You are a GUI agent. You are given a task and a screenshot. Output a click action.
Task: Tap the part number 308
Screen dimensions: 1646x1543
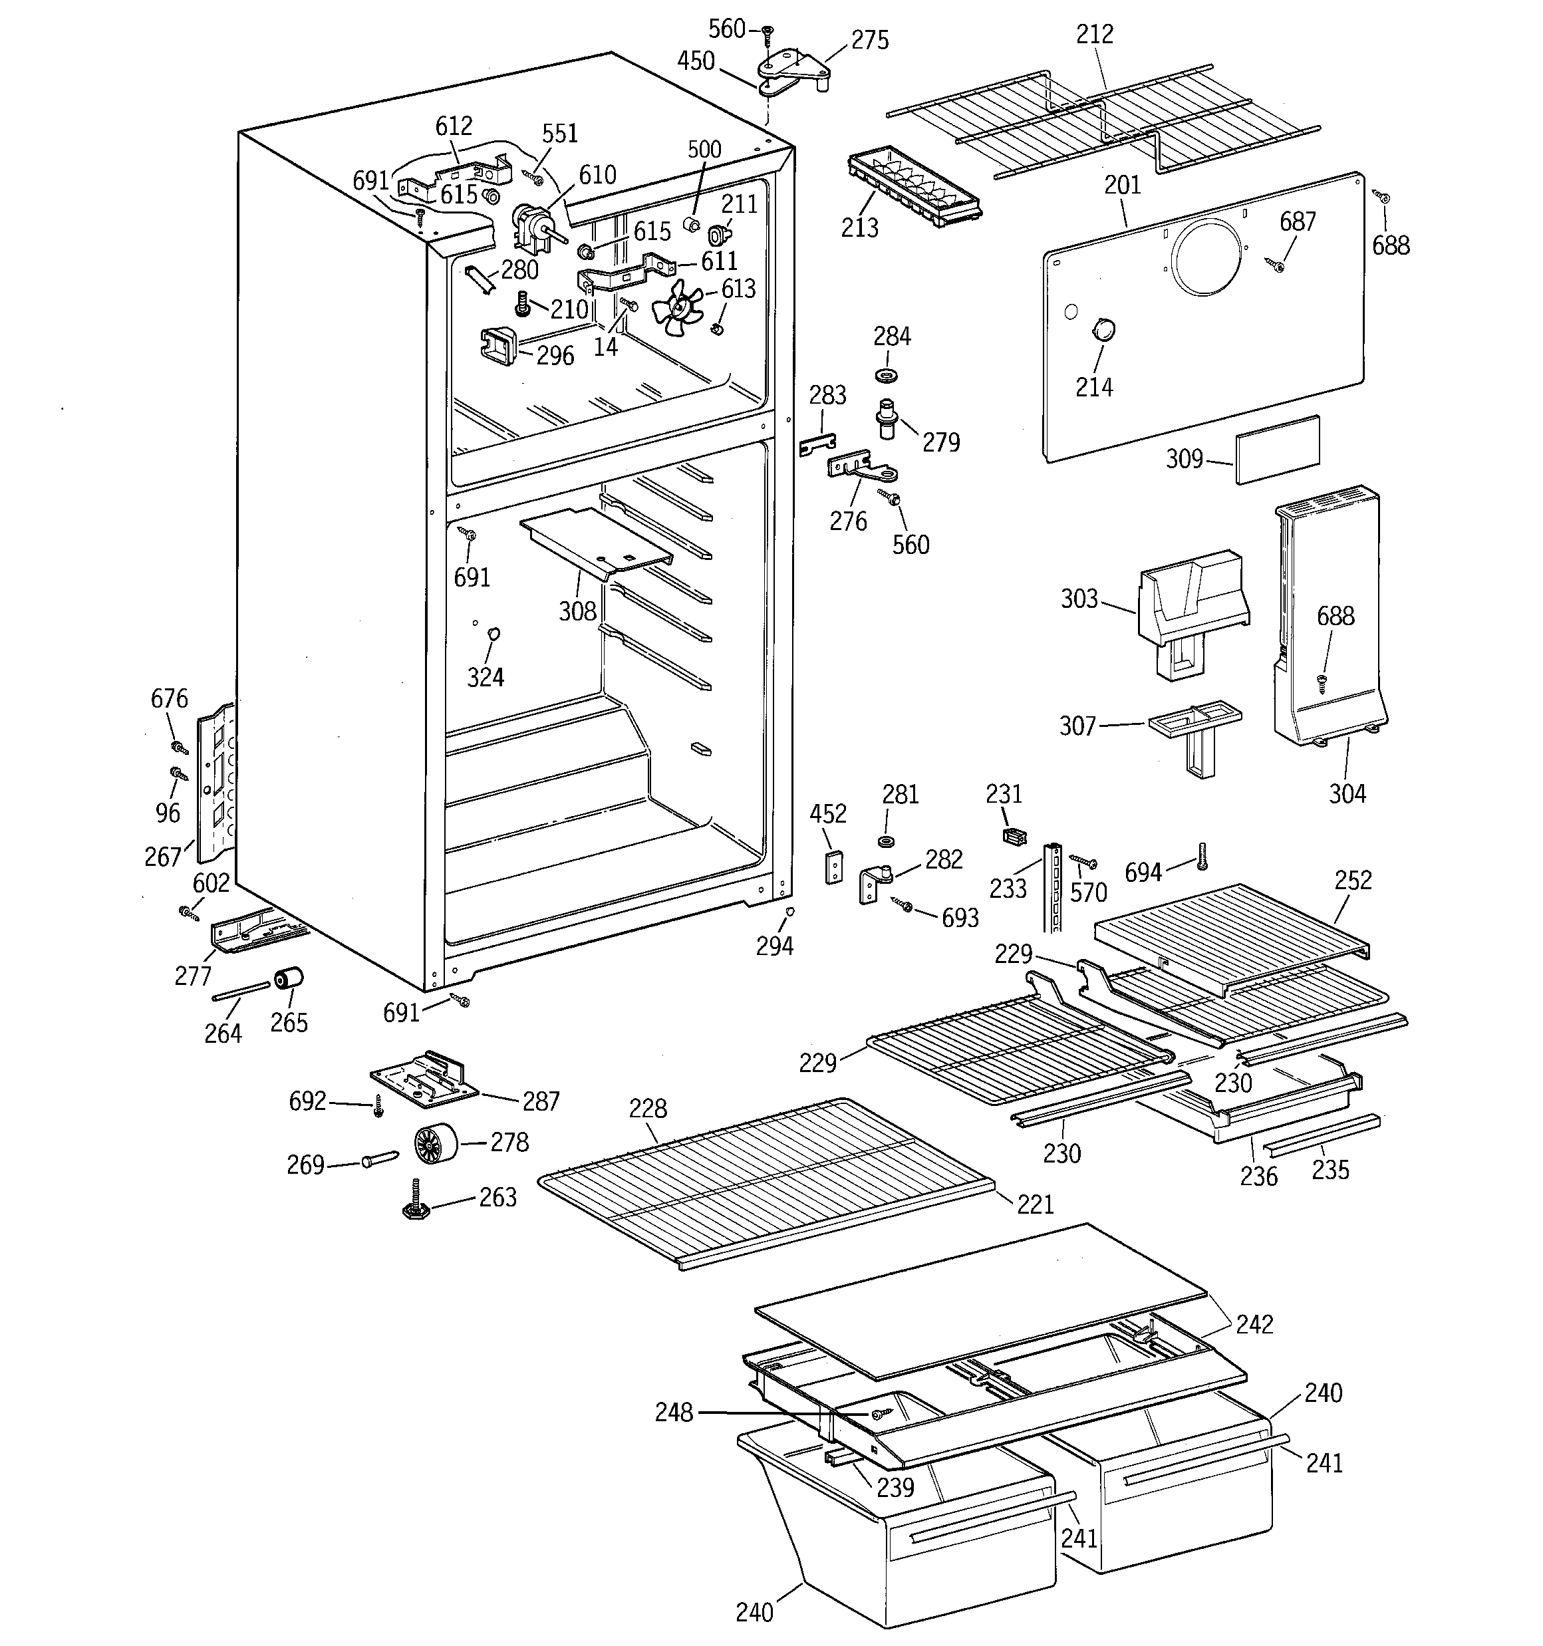pyautogui.click(x=577, y=611)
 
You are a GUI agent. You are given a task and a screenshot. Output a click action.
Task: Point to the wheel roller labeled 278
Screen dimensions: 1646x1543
pyautogui.click(x=436, y=1143)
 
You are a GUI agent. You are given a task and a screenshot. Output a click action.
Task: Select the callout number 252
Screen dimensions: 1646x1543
pyautogui.click(x=1353, y=880)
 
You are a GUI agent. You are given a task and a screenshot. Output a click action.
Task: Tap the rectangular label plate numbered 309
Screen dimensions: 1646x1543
pyautogui.click(x=1277, y=450)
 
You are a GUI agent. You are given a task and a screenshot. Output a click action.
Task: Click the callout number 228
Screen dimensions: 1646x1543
pyautogui.click(x=647, y=1108)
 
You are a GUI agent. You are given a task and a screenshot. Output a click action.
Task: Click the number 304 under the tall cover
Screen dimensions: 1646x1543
pyautogui.click(x=1347, y=793)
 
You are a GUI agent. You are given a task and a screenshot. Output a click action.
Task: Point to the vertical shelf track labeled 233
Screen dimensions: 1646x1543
pyautogui.click(x=1053, y=888)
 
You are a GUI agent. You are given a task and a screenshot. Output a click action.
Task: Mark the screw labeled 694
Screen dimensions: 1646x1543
pyautogui.click(x=1200, y=856)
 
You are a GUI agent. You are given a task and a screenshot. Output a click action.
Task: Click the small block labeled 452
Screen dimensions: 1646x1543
pyautogui.click(x=833, y=867)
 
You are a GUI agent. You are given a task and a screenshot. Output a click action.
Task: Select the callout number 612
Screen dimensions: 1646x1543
pyautogui.click(x=454, y=126)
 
